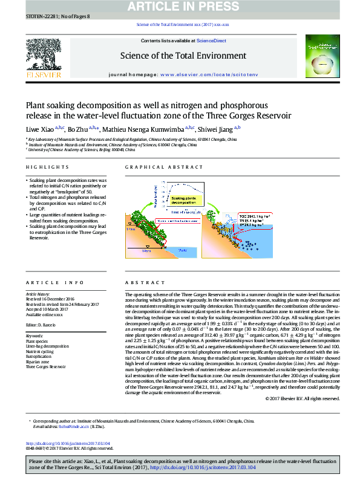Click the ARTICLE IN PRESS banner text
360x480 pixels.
[180, 7]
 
